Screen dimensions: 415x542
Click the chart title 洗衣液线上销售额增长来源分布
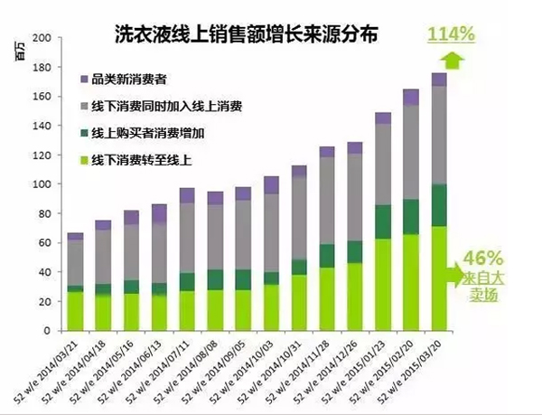click(x=245, y=34)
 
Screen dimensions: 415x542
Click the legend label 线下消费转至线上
click(x=145, y=160)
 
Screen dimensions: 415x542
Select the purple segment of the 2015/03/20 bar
click(x=439, y=80)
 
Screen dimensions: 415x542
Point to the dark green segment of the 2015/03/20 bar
click(x=439, y=205)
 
